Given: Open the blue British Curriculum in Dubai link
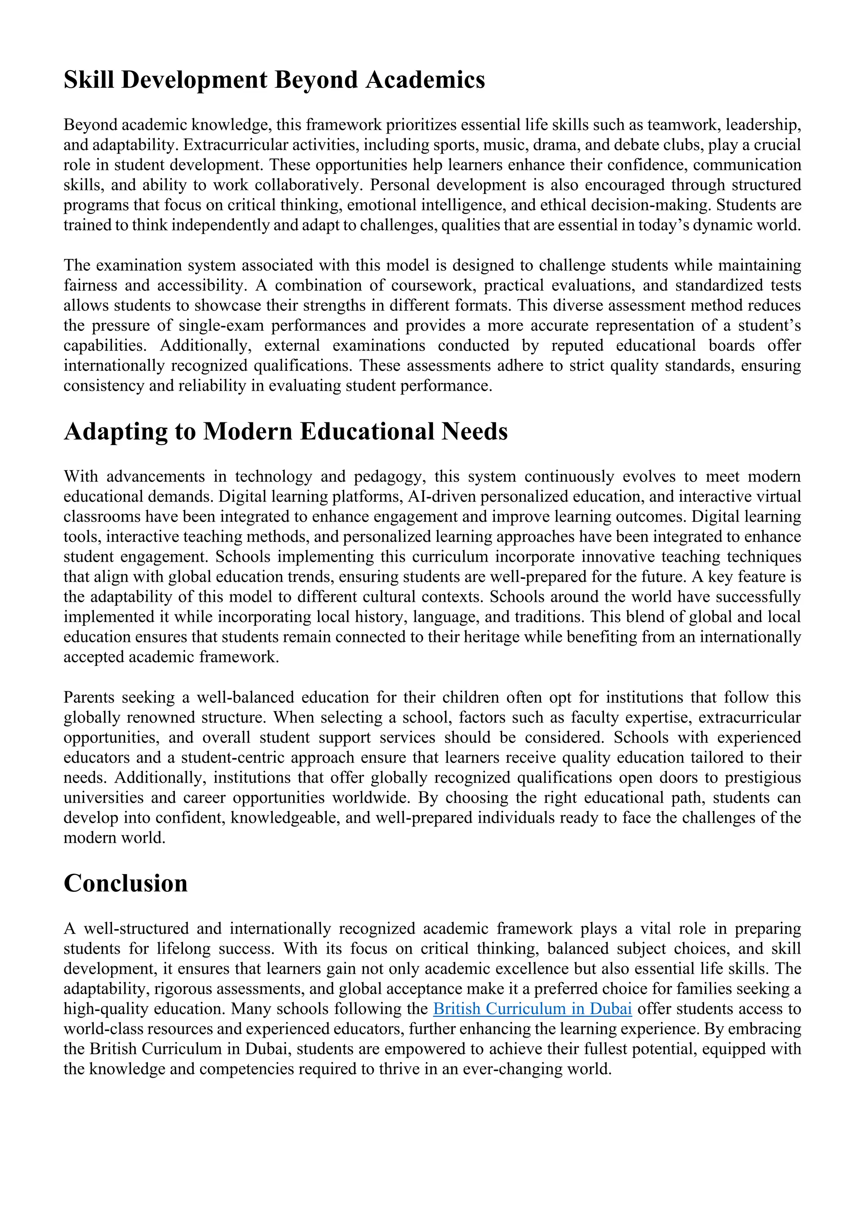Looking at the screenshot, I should click(x=532, y=1009).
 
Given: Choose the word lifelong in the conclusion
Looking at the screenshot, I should click(x=181, y=949).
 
